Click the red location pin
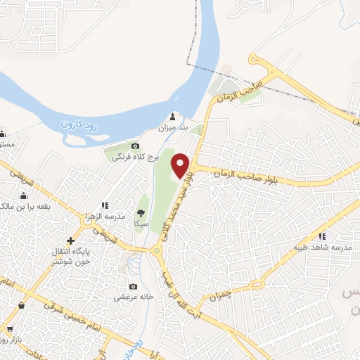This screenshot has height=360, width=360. pyautogui.click(x=181, y=165)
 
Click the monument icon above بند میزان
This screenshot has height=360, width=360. pyautogui.click(x=174, y=117)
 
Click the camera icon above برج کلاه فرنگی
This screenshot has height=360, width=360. pyautogui.click(x=136, y=146)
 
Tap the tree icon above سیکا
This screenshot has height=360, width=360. pyautogui.click(x=141, y=212)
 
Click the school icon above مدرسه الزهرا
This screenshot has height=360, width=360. pyautogui.click(x=104, y=205)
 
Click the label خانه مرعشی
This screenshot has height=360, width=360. pyautogui.click(x=133, y=297)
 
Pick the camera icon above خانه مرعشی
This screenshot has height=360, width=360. pyautogui.click(x=134, y=287)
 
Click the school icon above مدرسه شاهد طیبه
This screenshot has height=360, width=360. pyautogui.click(x=323, y=236)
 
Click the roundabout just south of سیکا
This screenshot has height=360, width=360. pyautogui.click(x=154, y=252)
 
